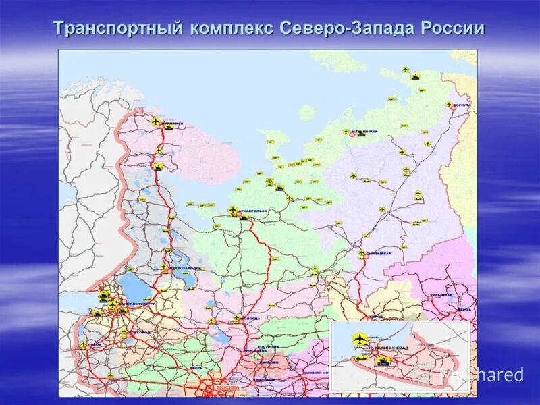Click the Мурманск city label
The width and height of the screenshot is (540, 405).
(173, 124)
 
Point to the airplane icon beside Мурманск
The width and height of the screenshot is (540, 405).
(156, 122)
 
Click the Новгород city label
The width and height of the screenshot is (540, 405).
(140, 333)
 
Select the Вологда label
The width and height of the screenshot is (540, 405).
(249, 318)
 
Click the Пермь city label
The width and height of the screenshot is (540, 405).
(463, 309)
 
